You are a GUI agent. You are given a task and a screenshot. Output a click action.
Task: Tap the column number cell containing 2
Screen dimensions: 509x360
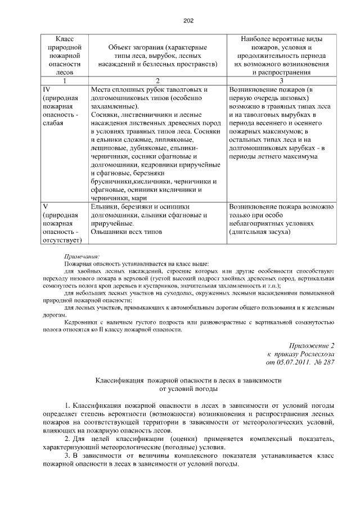[157, 80]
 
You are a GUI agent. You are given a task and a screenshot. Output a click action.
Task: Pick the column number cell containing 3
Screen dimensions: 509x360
[282, 80]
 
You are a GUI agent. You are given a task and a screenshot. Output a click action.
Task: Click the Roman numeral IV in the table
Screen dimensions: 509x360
[47, 89]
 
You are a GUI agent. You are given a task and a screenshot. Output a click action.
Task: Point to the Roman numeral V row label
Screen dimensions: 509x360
[46, 206]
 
